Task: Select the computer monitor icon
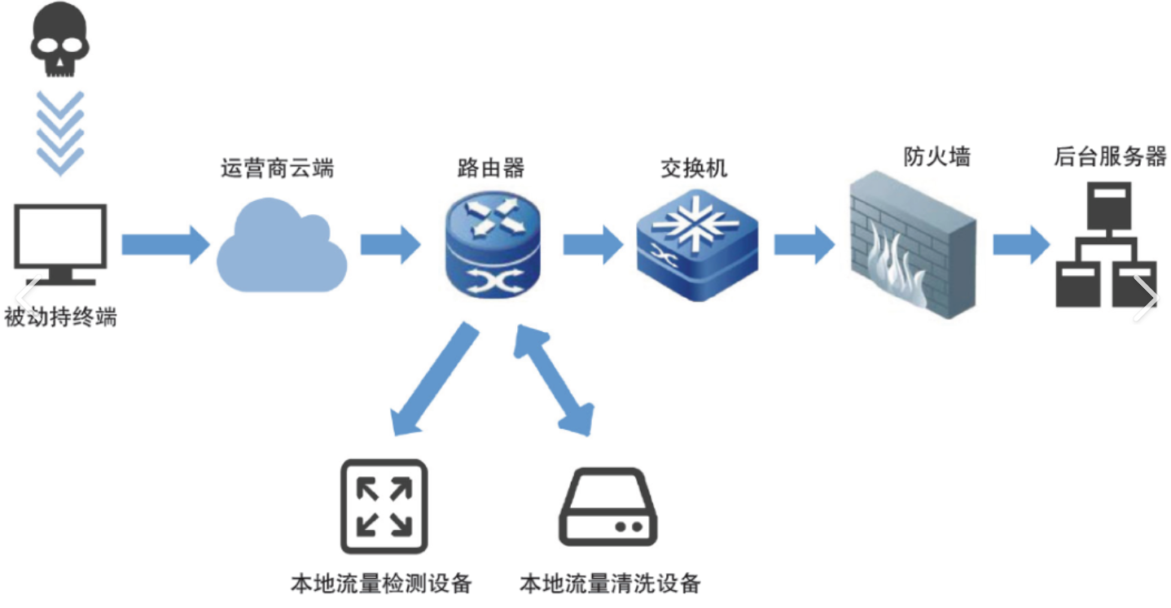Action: click(60, 244)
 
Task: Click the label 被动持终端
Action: click(60, 317)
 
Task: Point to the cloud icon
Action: click(281, 246)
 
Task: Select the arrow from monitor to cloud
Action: click(165, 243)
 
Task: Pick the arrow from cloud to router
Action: click(390, 243)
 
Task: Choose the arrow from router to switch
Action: click(593, 243)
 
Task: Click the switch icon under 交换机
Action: click(696, 242)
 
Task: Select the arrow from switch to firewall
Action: click(804, 243)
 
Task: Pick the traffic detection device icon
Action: click(384, 506)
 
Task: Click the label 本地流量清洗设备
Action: click(610, 583)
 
